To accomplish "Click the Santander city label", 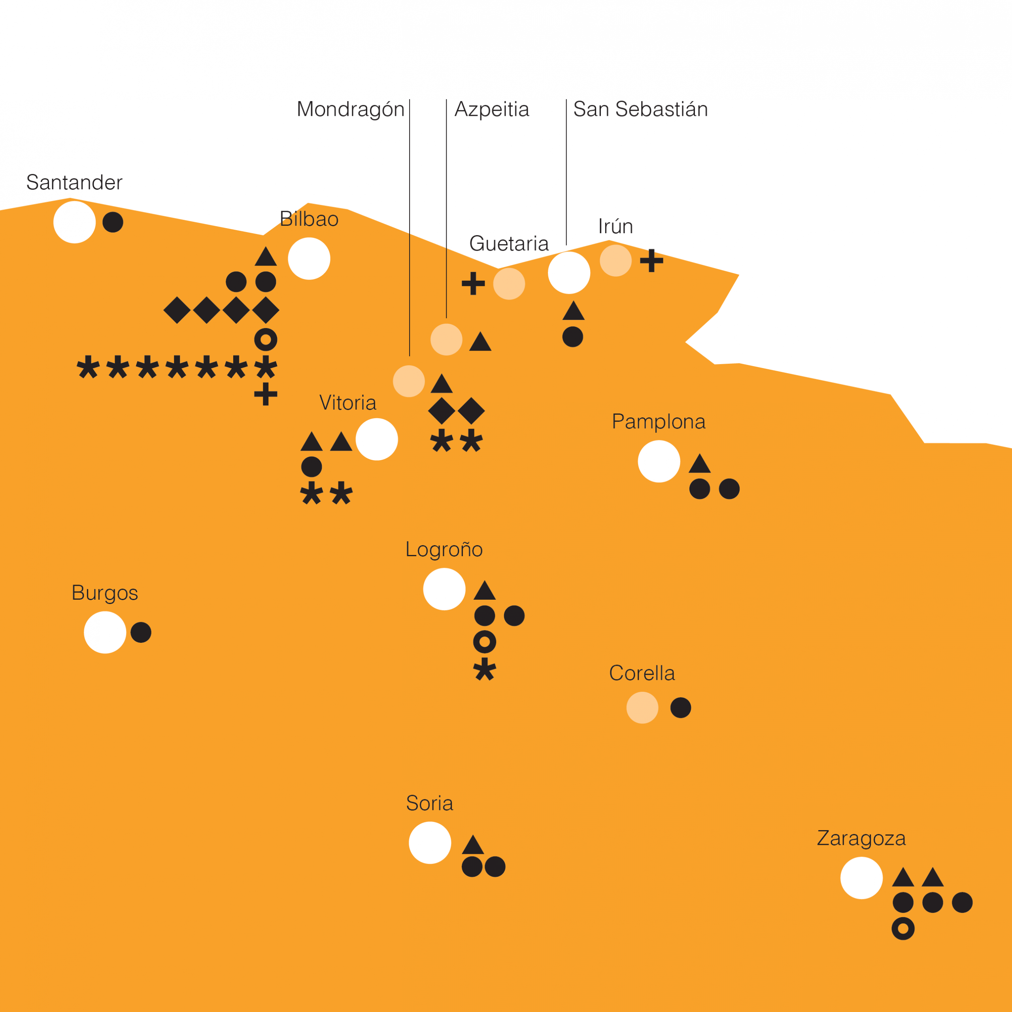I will click(x=74, y=183).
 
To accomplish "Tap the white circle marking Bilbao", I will click(x=309, y=259).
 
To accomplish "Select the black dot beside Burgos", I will click(x=141, y=632).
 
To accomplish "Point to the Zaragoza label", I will click(x=861, y=838).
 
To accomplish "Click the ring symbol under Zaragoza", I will click(x=903, y=929).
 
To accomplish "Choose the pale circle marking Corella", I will click(x=642, y=708).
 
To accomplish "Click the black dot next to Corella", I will click(x=680, y=708).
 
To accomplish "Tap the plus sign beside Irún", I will click(x=651, y=261).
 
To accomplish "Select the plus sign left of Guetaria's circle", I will click(x=473, y=283).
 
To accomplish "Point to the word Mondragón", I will click(x=350, y=110).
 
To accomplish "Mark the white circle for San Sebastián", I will click(x=569, y=273).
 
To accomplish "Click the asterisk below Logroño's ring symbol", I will click(x=485, y=669).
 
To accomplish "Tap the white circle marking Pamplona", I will click(x=659, y=461).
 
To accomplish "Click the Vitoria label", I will click(x=348, y=403).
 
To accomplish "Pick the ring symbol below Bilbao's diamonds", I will click(x=266, y=340).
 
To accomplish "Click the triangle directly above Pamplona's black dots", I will click(x=699, y=464).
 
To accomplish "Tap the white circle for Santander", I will click(x=74, y=222).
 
